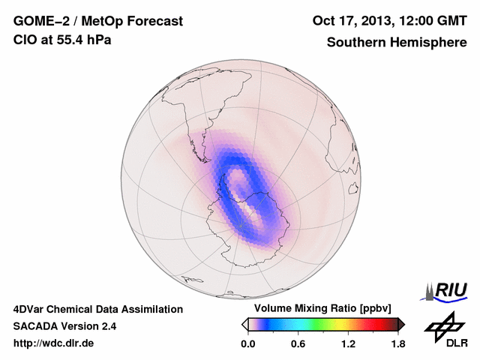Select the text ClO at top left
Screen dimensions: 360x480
tap(23, 40)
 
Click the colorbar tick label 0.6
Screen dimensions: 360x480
tap(298, 344)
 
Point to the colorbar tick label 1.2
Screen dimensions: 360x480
tap(348, 344)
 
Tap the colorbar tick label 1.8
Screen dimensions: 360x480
tap(398, 344)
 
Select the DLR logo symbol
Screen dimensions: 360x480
tap(442, 325)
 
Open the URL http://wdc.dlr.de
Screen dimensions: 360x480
tap(54, 343)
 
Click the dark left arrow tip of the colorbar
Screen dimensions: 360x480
tap(244, 324)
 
